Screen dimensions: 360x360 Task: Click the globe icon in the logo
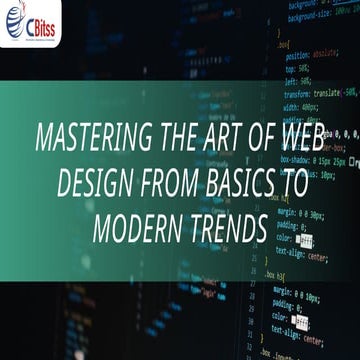tap(16, 19)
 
